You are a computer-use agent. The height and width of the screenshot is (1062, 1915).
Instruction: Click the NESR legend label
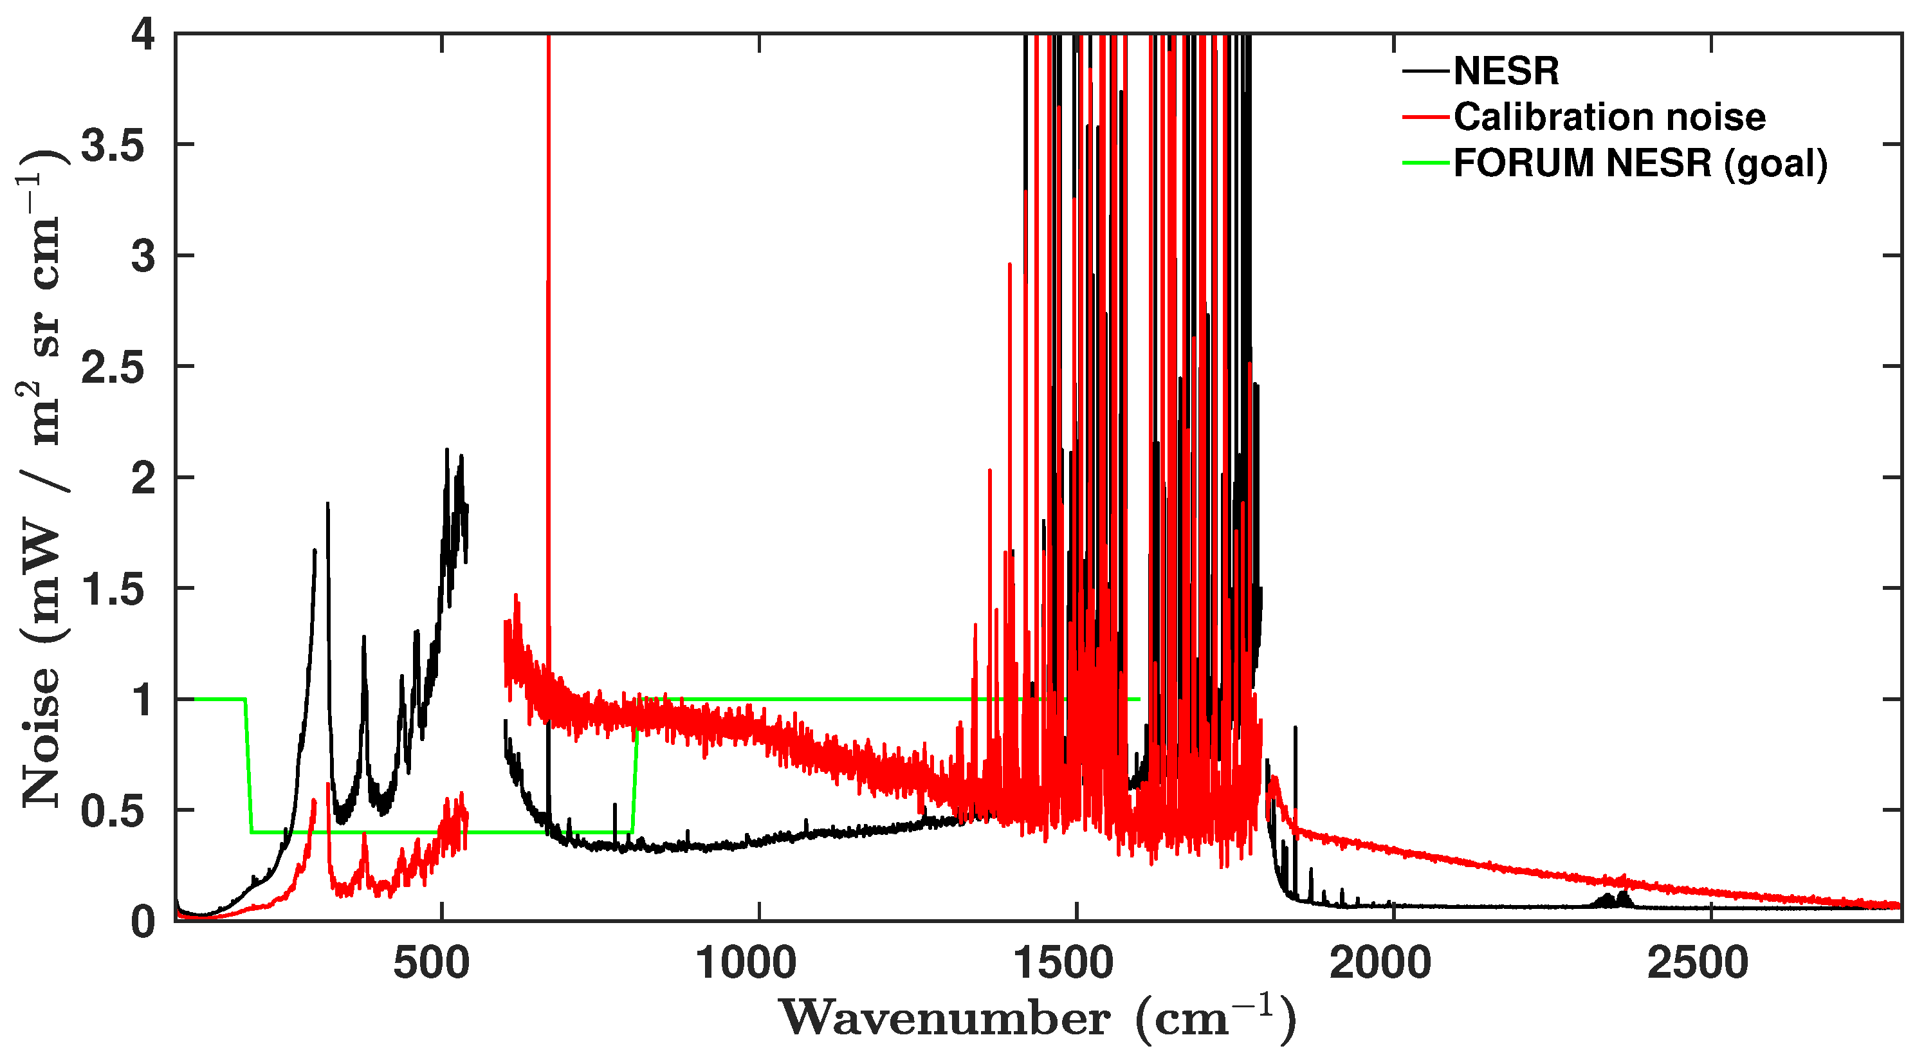[x=1506, y=71]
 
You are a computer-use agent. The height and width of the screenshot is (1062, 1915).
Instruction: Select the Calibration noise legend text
[x=1609, y=118]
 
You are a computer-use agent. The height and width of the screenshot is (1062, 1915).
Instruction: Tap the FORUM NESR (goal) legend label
[x=1640, y=163]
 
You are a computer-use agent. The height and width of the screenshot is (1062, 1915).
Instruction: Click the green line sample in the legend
[x=1426, y=163]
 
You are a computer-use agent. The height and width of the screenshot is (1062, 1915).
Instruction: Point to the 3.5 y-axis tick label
[x=113, y=145]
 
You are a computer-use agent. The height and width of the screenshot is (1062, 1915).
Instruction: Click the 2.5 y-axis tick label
[x=113, y=367]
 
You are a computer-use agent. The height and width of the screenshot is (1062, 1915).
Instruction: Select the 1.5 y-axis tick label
[x=113, y=589]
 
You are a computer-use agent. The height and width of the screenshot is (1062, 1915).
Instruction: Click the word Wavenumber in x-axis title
[x=945, y=1019]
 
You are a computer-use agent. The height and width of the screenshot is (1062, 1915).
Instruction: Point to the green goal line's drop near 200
[x=249, y=765]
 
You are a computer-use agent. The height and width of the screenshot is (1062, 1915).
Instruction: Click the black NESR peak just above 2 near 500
[x=447, y=451]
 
